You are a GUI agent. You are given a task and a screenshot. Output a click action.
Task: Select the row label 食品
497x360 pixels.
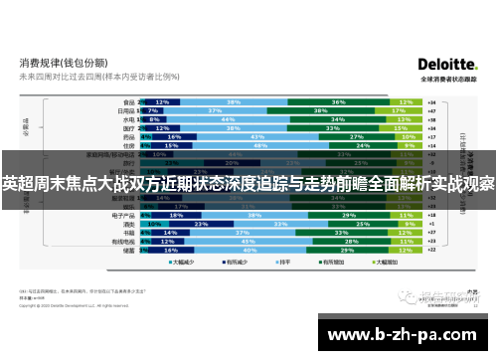point(129,101)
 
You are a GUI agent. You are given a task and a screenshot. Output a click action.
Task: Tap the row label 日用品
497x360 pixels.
point(127,110)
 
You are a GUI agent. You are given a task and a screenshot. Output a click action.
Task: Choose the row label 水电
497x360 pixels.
point(129,118)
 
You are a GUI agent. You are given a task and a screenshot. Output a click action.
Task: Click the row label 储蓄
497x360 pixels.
point(129,252)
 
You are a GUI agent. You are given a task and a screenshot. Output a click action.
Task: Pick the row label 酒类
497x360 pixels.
point(129,225)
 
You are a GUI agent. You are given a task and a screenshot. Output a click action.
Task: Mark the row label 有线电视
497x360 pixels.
point(125,243)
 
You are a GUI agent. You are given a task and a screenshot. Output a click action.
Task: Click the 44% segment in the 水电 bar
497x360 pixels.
point(227,118)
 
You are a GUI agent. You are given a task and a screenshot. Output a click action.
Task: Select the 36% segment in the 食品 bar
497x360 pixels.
point(339,101)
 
